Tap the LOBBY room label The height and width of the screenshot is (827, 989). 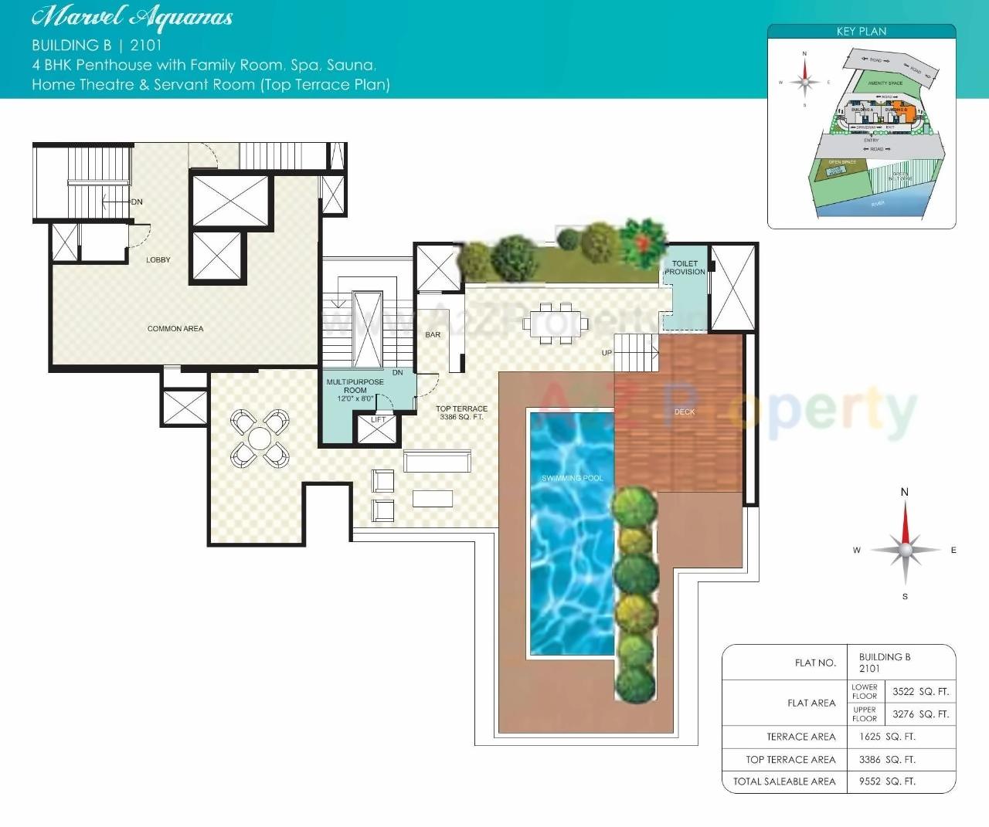click(x=158, y=260)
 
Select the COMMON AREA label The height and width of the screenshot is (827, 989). click(x=175, y=329)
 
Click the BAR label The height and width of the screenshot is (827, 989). click(x=433, y=335)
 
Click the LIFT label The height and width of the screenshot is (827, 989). click(x=379, y=420)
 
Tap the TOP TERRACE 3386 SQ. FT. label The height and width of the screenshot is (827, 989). click(x=461, y=413)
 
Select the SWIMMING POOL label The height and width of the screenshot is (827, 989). click(x=572, y=479)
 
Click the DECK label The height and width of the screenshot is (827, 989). click(x=685, y=412)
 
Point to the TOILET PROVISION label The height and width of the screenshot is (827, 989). click(x=685, y=268)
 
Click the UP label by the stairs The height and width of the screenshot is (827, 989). click(x=607, y=353)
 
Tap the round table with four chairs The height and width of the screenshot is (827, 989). click(x=260, y=439)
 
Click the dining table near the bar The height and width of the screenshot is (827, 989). click(x=551, y=322)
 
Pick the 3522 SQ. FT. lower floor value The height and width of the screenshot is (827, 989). click(x=920, y=692)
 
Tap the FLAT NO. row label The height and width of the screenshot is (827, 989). click(x=815, y=663)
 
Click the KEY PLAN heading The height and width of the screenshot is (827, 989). click(x=862, y=32)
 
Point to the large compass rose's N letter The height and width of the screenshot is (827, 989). click(x=905, y=493)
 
